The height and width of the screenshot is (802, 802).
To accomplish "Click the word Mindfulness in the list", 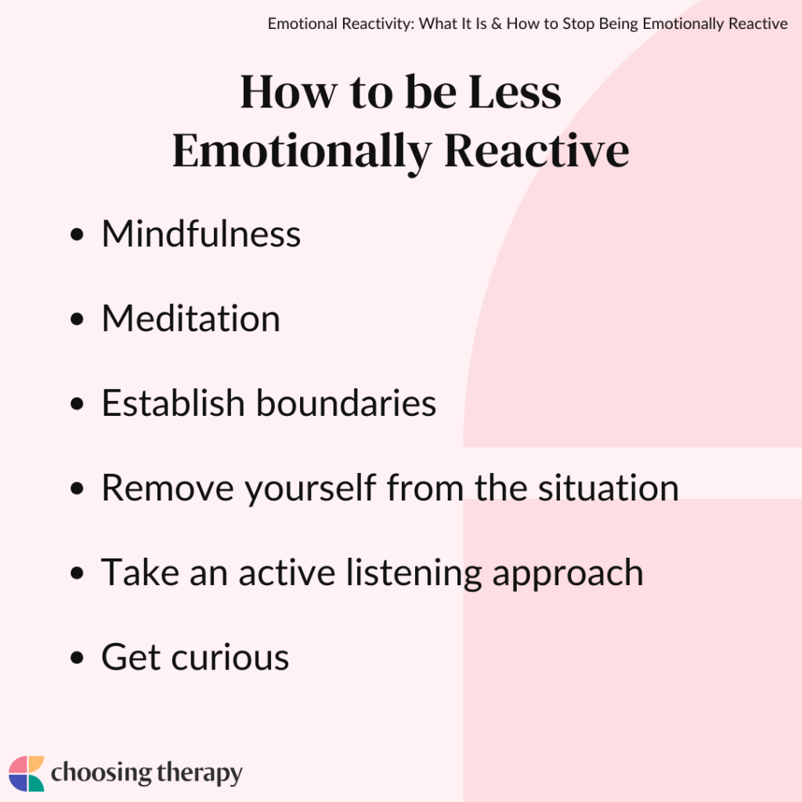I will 201,234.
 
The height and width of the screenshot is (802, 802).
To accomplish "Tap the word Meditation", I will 191,319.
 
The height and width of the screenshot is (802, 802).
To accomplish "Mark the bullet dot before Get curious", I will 77,659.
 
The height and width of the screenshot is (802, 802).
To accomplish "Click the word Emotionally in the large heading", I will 302,151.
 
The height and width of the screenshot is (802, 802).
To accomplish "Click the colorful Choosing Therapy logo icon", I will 27,774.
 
